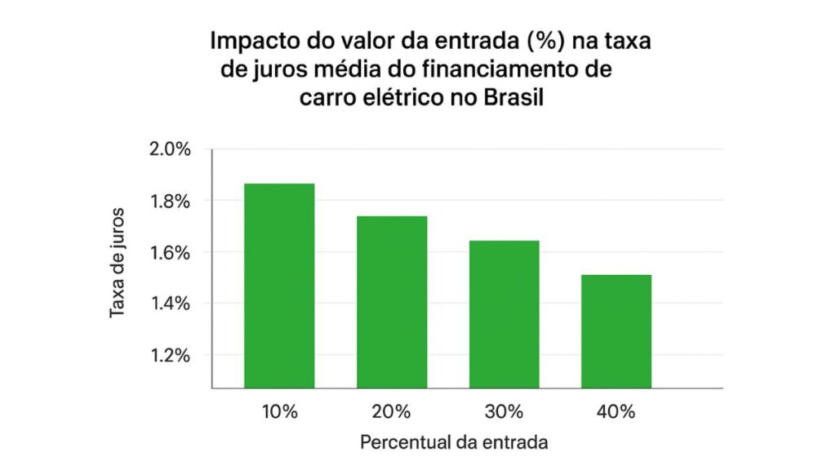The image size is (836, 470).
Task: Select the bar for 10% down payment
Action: tap(279, 286)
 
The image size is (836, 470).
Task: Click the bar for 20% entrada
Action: tap(392, 302)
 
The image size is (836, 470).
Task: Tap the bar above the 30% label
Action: tap(504, 314)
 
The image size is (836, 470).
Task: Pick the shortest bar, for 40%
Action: tap(616, 331)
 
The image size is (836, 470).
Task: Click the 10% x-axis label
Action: tap(279, 412)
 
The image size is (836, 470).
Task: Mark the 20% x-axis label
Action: tap(392, 412)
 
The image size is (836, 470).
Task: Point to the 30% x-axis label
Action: tap(504, 412)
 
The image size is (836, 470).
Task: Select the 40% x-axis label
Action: tap(616, 412)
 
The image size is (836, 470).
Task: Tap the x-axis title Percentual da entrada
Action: tap(453, 443)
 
